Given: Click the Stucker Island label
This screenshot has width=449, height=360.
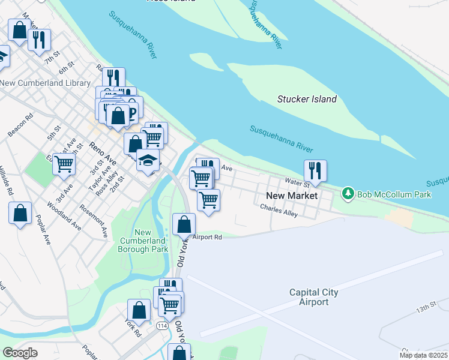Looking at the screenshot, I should [307, 99].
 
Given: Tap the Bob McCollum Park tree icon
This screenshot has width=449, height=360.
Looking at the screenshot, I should [348, 194].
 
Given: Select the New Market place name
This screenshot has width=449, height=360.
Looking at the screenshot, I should [291, 196].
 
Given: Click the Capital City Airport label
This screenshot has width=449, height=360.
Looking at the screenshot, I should [313, 297].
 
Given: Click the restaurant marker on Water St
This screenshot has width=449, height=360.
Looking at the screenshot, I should [315, 171].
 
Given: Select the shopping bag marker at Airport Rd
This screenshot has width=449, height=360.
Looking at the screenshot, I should [184, 224].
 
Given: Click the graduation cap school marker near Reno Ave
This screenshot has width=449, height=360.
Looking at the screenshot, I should [147, 160].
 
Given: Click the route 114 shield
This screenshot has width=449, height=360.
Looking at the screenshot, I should [161, 325].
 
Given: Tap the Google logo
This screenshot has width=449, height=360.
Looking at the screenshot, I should [20, 353].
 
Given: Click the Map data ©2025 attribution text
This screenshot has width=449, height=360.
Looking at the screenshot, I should [423, 355].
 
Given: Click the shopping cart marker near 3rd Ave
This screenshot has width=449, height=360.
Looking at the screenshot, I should [64, 164].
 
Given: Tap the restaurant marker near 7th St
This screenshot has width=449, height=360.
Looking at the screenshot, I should [39, 40].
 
